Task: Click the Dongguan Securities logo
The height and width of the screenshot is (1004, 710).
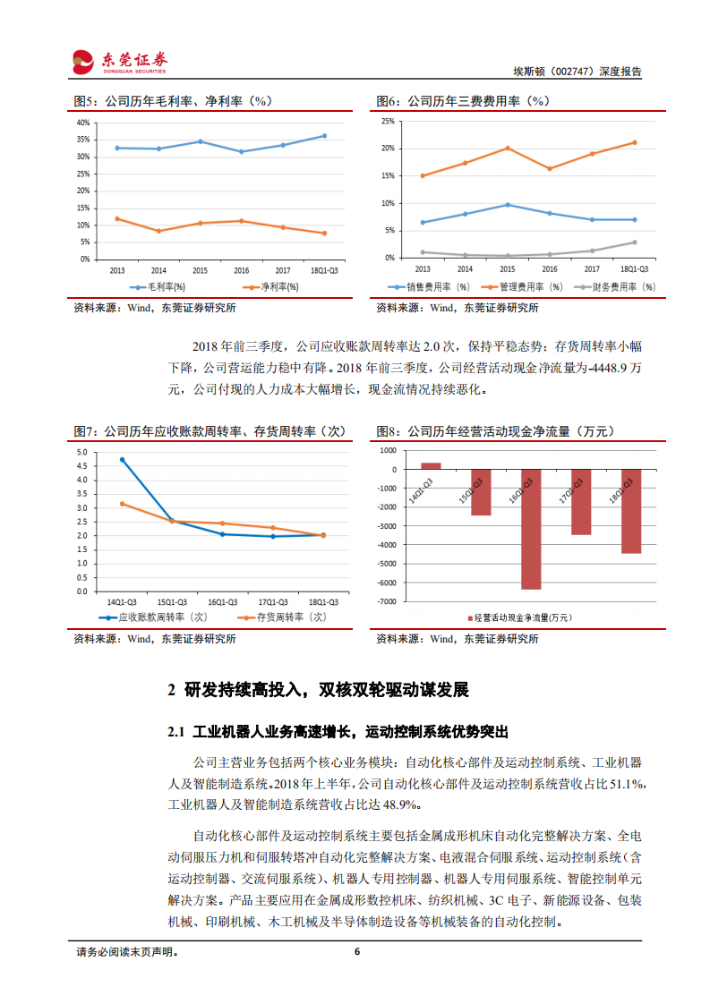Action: [120, 61]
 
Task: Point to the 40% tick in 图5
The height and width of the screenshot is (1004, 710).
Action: [82, 123]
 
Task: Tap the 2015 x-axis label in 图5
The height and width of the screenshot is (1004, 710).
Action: [200, 269]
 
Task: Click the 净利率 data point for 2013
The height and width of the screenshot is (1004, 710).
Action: [117, 218]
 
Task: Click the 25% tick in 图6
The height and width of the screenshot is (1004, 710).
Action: [388, 121]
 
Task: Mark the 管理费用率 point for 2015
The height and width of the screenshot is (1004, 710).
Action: [508, 148]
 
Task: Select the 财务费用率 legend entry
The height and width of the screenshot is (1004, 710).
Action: [618, 287]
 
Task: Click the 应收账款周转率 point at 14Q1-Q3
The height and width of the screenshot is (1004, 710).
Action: [122, 460]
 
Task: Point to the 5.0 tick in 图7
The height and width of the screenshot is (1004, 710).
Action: [82, 453]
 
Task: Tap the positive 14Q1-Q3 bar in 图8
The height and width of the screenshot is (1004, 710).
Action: [431, 465]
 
